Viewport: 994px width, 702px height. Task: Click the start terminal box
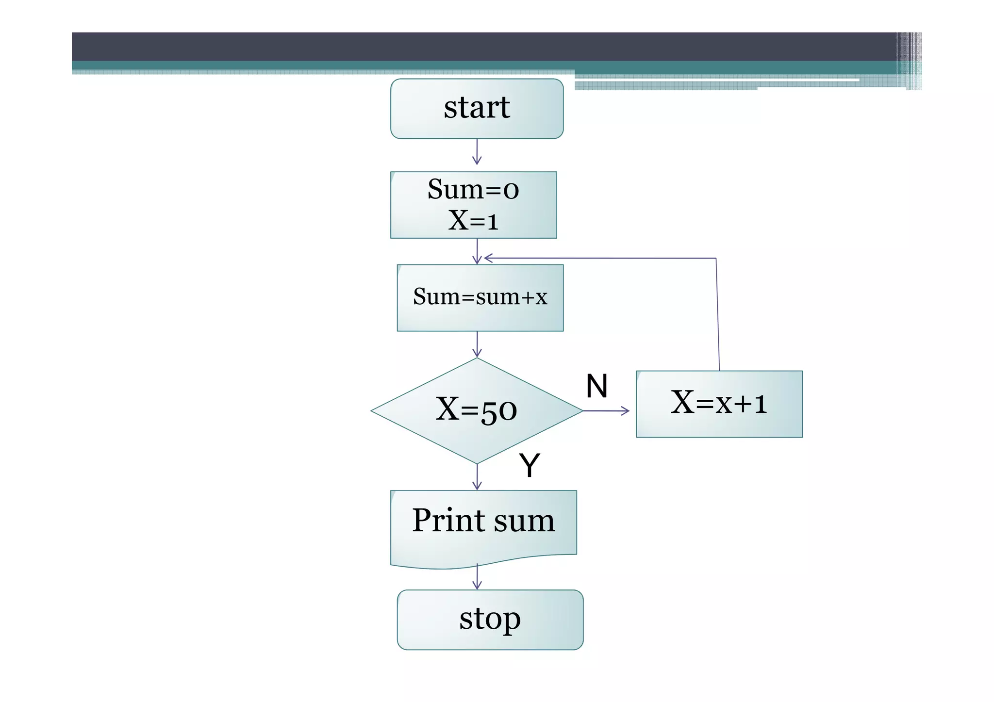pyautogui.click(x=477, y=109)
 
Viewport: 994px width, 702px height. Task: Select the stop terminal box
pyautogui.click(x=490, y=620)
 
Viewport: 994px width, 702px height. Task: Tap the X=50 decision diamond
pyautogui.click(x=477, y=410)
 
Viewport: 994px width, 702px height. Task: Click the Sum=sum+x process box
pyautogui.click(x=480, y=298)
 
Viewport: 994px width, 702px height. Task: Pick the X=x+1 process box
pyautogui.click(x=719, y=404)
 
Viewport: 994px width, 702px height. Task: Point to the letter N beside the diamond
pyautogui.click(x=596, y=386)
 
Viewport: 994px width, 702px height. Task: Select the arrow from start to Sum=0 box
pyautogui.click(x=477, y=152)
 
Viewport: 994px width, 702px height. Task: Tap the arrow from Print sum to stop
pyautogui.click(x=477, y=577)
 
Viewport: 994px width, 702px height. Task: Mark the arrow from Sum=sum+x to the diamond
pyautogui.click(x=477, y=344)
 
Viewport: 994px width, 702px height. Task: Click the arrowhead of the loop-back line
pyautogui.click(x=488, y=258)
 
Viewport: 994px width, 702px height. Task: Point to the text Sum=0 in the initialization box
pyautogui.click(x=473, y=189)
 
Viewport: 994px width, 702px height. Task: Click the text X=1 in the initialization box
pyautogui.click(x=473, y=220)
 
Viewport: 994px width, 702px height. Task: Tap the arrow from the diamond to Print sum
pyautogui.click(x=477, y=477)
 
